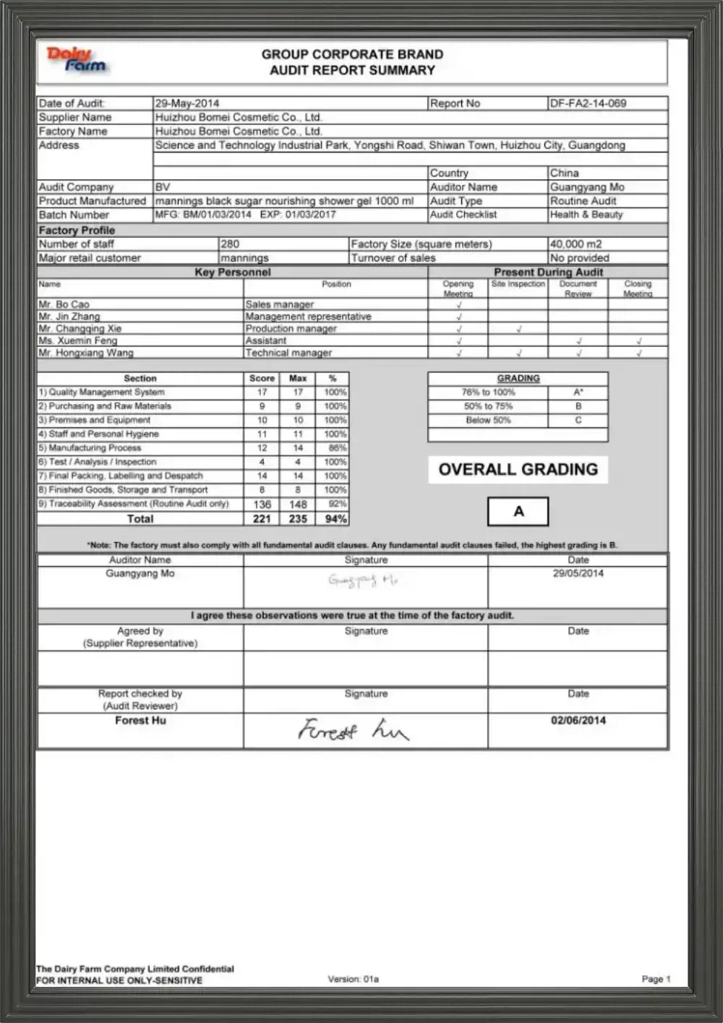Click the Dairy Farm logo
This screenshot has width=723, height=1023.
[76, 60]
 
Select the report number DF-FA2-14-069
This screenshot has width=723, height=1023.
[588, 103]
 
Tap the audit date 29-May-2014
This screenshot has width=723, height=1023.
[187, 103]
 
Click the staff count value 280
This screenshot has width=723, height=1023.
[230, 244]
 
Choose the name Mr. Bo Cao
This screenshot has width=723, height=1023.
[64, 304]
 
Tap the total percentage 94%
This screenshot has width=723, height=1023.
[335, 518]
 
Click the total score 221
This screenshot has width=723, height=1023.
[262, 518]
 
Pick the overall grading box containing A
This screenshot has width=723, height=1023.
[518, 511]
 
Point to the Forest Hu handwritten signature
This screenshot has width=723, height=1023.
[353, 729]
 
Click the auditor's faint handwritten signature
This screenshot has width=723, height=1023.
[362, 580]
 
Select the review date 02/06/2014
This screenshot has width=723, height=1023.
[578, 720]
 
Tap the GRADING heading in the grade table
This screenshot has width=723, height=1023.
[518, 378]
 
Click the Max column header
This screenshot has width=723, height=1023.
[298, 378]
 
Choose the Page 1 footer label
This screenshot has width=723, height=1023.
[656, 979]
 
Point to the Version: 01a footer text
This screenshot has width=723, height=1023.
[353, 979]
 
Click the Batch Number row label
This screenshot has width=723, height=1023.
[74, 215]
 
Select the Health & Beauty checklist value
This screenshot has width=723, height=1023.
[586, 215]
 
